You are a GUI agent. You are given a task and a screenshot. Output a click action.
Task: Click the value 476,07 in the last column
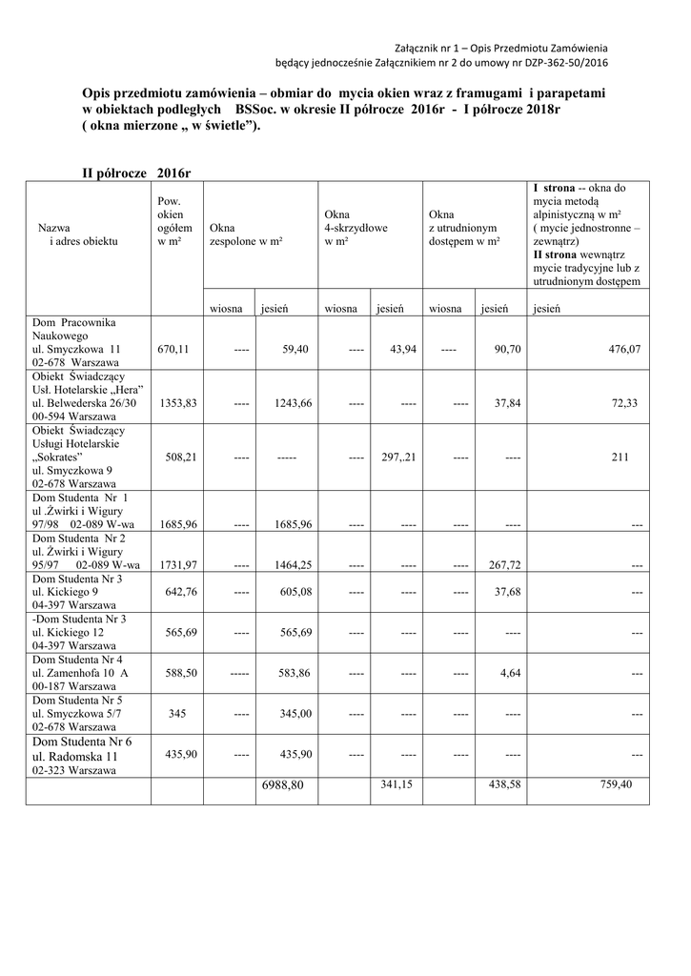pos(624,350)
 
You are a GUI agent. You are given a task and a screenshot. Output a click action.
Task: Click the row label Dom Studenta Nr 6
pos(83,742)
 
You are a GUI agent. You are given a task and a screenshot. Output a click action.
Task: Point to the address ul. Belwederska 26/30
pos(89,403)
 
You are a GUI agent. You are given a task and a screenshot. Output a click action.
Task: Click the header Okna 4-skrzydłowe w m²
pos(356,229)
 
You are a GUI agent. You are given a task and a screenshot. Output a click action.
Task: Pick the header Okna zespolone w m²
pos(246,235)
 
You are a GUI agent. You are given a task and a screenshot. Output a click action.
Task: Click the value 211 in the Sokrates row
pos(620,457)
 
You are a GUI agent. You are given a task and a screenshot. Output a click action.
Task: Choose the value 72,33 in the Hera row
pos(625,403)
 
